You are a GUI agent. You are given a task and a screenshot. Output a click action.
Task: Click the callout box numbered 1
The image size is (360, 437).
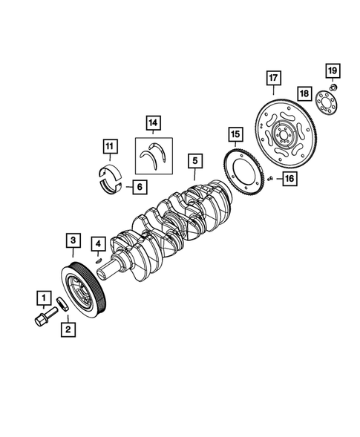click(44, 299)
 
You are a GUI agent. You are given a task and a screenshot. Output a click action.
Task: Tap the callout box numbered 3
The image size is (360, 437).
click(74, 240)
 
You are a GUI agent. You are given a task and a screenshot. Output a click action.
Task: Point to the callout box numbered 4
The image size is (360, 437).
click(98, 243)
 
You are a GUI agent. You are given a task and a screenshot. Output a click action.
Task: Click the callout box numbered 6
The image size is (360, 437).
click(139, 187)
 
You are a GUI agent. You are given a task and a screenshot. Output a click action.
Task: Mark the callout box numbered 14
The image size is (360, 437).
click(153, 122)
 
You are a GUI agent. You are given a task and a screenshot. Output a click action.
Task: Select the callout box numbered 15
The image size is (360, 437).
click(235, 134)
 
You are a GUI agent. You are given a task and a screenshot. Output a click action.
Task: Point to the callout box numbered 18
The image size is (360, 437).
click(304, 93)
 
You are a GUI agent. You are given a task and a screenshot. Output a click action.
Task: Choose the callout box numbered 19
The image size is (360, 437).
click(333, 71)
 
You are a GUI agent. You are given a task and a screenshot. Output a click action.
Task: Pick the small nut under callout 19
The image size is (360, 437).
click(333, 88)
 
